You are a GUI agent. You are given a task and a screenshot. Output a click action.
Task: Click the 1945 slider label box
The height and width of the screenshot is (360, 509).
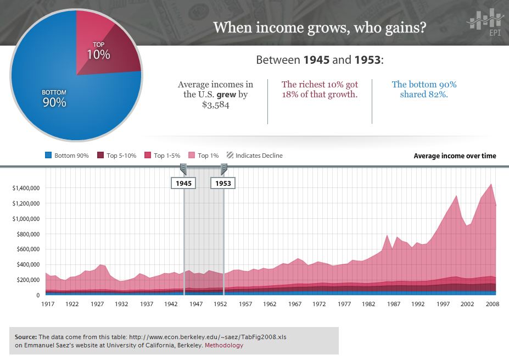pyautogui.click(x=183, y=183)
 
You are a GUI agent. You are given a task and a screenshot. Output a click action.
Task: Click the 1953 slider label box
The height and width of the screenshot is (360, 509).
pyautogui.click(x=223, y=183)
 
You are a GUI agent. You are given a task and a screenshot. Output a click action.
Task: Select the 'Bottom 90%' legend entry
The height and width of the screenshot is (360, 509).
pyautogui.click(x=67, y=156)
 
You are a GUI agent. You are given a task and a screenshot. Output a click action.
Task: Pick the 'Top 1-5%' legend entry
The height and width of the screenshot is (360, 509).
pyautogui.click(x=163, y=156)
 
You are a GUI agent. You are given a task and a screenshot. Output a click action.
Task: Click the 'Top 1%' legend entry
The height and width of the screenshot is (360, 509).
pyautogui.click(x=204, y=156)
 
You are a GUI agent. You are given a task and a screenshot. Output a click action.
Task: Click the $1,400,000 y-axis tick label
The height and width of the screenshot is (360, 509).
pyautogui.click(x=25, y=188)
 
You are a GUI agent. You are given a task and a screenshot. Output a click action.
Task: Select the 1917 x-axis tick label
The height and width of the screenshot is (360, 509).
pyautogui.click(x=46, y=304)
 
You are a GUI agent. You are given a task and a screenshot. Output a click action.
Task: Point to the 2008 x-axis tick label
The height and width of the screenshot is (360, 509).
pyautogui.click(x=491, y=304)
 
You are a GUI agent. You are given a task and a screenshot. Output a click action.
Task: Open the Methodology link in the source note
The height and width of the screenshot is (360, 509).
pyautogui.click(x=224, y=345)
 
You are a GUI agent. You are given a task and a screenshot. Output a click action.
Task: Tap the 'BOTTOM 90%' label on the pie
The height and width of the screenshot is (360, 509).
pyautogui.click(x=54, y=98)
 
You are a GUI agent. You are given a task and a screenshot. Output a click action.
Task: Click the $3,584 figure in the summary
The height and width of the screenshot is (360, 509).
pyautogui.click(x=215, y=105)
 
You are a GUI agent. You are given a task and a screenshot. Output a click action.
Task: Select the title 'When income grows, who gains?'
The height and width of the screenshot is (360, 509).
pyautogui.click(x=319, y=27)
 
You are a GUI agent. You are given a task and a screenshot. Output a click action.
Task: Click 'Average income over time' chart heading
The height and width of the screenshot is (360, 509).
pyautogui.click(x=455, y=156)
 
